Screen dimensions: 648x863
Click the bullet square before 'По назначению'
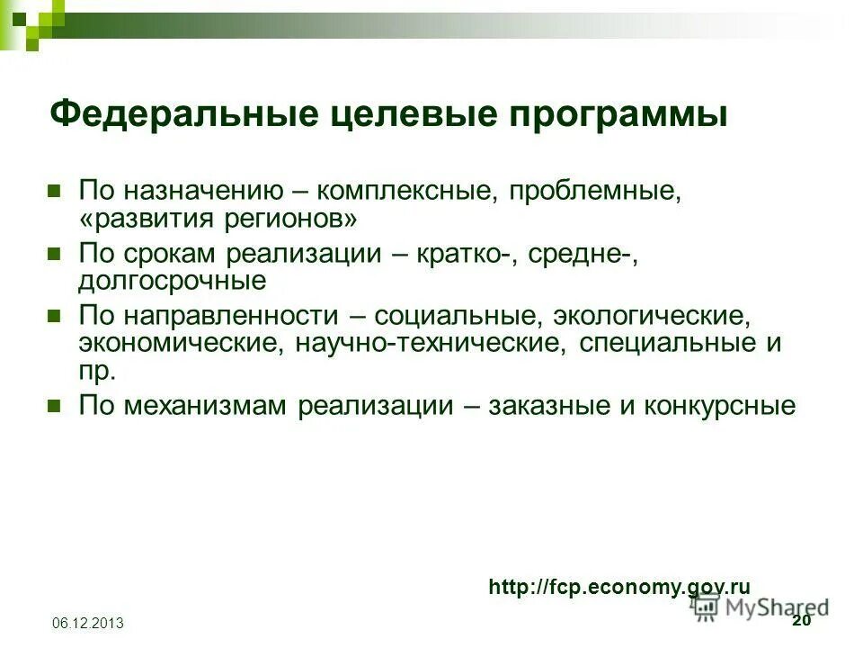pyautogui.click(x=54, y=190)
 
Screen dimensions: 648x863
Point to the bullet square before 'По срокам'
pyautogui.click(x=54, y=253)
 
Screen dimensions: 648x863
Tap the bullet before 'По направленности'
pyautogui.click(x=54, y=316)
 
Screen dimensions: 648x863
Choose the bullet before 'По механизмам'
pyautogui.click(x=54, y=406)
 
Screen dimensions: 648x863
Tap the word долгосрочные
pyautogui.click(x=173, y=280)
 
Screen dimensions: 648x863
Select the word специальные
pyautogui.click(x=669, y=344)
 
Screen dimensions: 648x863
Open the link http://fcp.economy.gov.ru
pyautogui.click(x=619, y=587)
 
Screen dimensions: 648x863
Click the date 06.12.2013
pyautogui.click(x=88, y=624)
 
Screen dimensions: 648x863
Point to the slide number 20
pyautogui.click(x=801, y=622)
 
